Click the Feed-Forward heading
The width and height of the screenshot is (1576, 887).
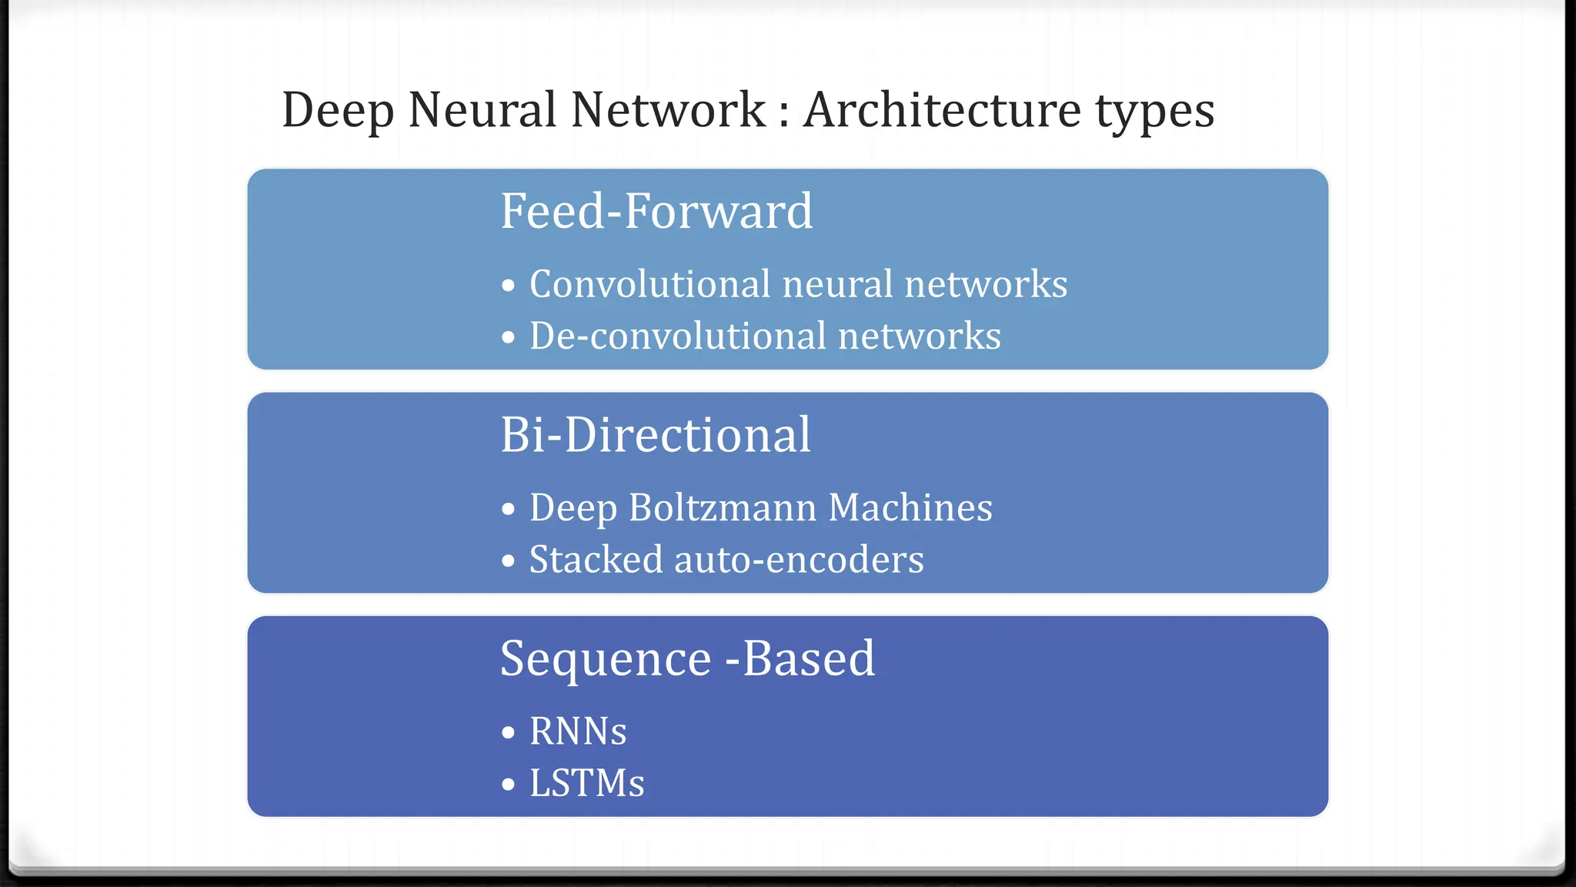pos(656,211)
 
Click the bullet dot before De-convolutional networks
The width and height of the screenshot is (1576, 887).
pos(508,337)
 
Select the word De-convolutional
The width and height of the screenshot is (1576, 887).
pos(676,336)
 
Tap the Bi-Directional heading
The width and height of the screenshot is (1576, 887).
pos(656,435)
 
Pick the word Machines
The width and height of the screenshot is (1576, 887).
pos(910,508)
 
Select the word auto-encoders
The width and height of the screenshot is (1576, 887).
pos(798,560)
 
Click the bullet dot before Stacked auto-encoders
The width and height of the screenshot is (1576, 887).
pos(508,561)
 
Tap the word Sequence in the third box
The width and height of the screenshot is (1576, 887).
pos(606,660)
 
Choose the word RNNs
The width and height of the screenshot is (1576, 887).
pos(578,731)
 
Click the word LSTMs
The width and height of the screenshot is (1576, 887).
pos(586,783)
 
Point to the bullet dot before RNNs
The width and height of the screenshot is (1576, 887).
pos(508,732)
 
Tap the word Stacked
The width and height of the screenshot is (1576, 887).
pos(596,560)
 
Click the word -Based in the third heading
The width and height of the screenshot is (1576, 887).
pos(800,659)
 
